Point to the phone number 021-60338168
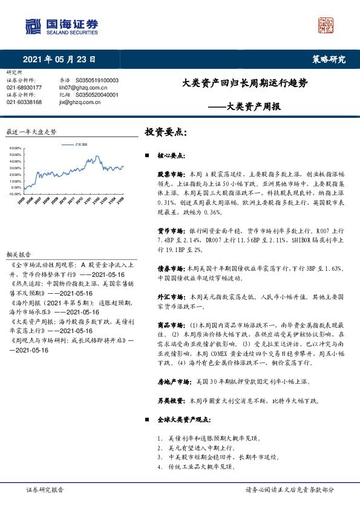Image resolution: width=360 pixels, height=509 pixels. [24, 102]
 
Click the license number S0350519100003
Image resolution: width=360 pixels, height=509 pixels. [97, 80]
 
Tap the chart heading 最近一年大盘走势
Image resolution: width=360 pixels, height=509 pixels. [31, 131]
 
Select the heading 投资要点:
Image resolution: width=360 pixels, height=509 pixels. [165, 131]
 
